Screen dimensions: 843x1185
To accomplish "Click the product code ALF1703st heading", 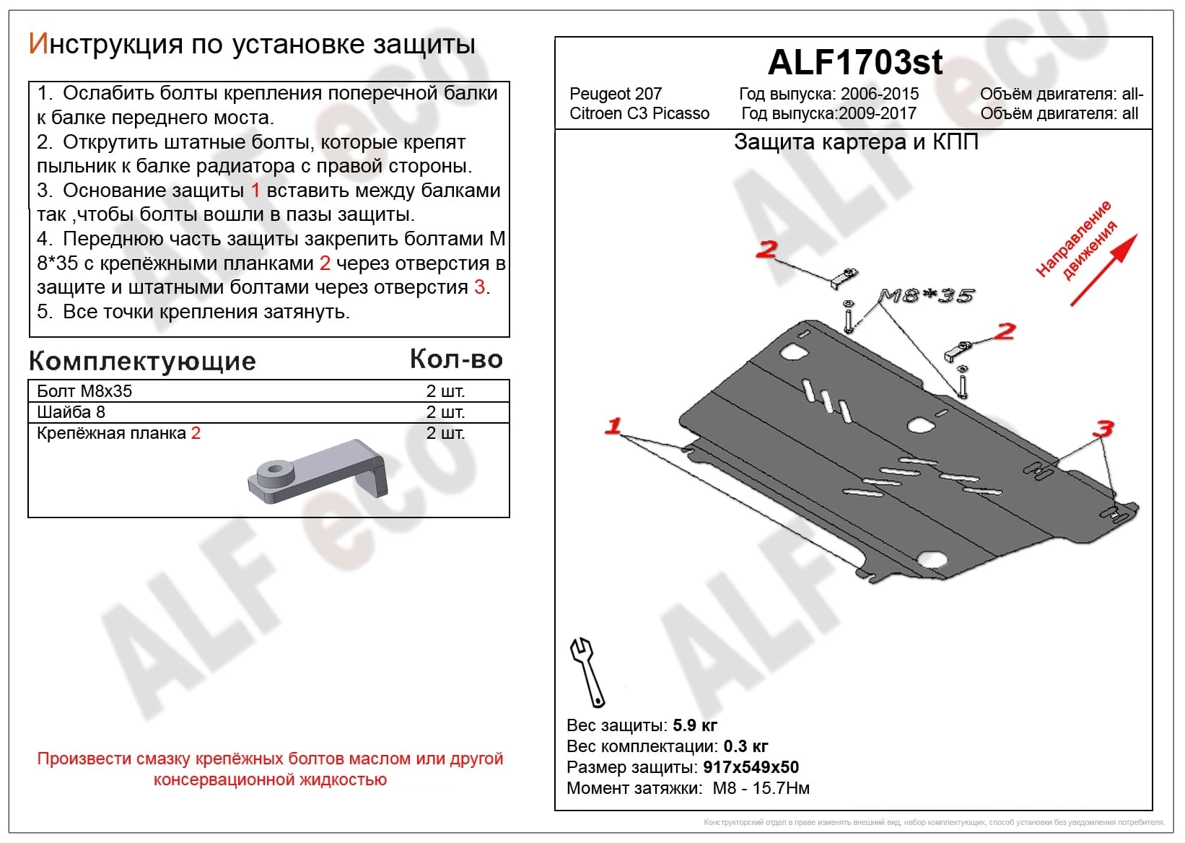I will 854,63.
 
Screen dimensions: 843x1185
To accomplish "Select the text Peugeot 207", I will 615,94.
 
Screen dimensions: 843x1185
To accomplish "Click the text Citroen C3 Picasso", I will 639,113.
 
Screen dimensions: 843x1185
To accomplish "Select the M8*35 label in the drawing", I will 926,295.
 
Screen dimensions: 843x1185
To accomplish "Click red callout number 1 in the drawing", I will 613,426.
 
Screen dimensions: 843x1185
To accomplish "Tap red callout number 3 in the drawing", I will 1103,429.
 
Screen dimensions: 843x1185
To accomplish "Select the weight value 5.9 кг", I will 694,725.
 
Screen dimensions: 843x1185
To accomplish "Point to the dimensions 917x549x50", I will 751,766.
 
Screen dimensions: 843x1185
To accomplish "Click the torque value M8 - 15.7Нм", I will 761,787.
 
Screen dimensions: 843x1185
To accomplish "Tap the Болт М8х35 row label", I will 84,391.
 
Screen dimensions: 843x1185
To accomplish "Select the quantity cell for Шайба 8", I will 445,412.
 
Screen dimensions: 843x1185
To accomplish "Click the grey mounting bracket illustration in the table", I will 318,471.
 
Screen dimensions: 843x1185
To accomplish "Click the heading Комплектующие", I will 142,361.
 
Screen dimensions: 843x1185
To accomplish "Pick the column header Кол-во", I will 455,359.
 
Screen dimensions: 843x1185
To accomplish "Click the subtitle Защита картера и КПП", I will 856,142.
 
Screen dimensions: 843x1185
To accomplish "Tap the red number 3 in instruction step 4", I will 479,287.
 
